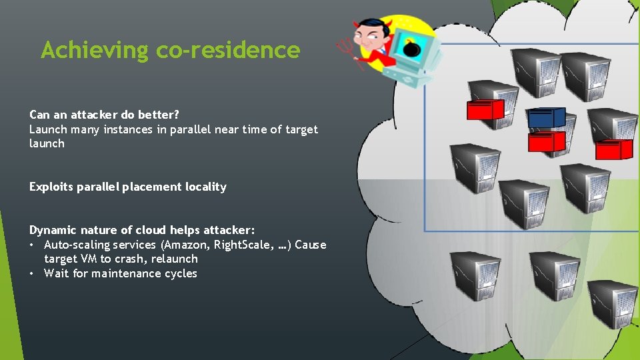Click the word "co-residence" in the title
228,50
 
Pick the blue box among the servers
547,119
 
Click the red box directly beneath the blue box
547,141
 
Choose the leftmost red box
485,109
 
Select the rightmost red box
613,150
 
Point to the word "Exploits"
51,187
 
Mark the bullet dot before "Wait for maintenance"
32,273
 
